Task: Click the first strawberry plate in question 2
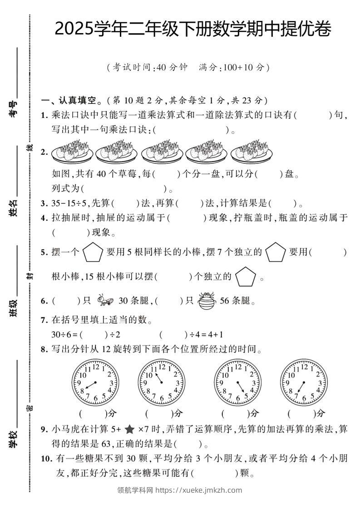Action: pos(72,151)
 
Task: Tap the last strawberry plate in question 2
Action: pos(252,151)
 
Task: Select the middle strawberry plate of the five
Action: pos(162,151)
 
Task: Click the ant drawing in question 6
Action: pos(105,300)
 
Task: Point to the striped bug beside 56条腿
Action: pos(207,301)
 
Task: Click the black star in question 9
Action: pos(129,430)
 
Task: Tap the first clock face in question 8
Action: pos(95,382)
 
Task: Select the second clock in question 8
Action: pos(162,382)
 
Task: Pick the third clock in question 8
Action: pos(237,382)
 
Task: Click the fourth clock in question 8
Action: pos(304,382)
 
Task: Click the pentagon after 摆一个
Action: pos(93,253)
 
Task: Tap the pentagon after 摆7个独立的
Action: pos(276,252)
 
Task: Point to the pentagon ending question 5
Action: pos(245,277)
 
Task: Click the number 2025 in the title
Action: pos(74,29)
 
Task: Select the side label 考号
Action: pos(13,109)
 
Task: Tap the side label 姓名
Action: pos(13,208)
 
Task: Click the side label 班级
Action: pos(13,308)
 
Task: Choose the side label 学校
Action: pos(13,439)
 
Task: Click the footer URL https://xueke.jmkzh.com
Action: pos(199,490)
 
